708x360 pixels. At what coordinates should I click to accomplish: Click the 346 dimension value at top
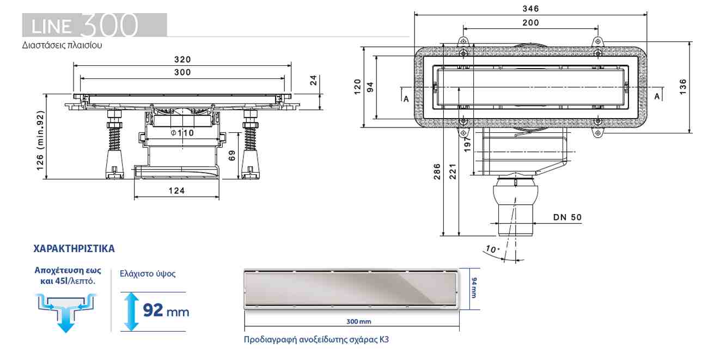point(530,9)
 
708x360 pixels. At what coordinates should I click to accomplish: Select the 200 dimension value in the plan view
point(530,23)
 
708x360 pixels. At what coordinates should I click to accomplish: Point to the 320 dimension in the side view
point(182,59)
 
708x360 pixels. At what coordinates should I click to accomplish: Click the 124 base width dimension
point(176,191)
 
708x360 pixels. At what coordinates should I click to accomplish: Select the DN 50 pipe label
point(567,217)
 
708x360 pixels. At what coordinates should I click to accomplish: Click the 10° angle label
point(492,249)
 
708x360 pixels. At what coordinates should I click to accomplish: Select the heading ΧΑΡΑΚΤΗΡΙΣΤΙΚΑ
point(74,249)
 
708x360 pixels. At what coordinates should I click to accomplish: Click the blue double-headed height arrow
point(130,312)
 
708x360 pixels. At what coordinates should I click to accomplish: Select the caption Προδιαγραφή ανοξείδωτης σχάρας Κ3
point(317,339)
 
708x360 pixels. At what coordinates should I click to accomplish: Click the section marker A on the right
point(657,96)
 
